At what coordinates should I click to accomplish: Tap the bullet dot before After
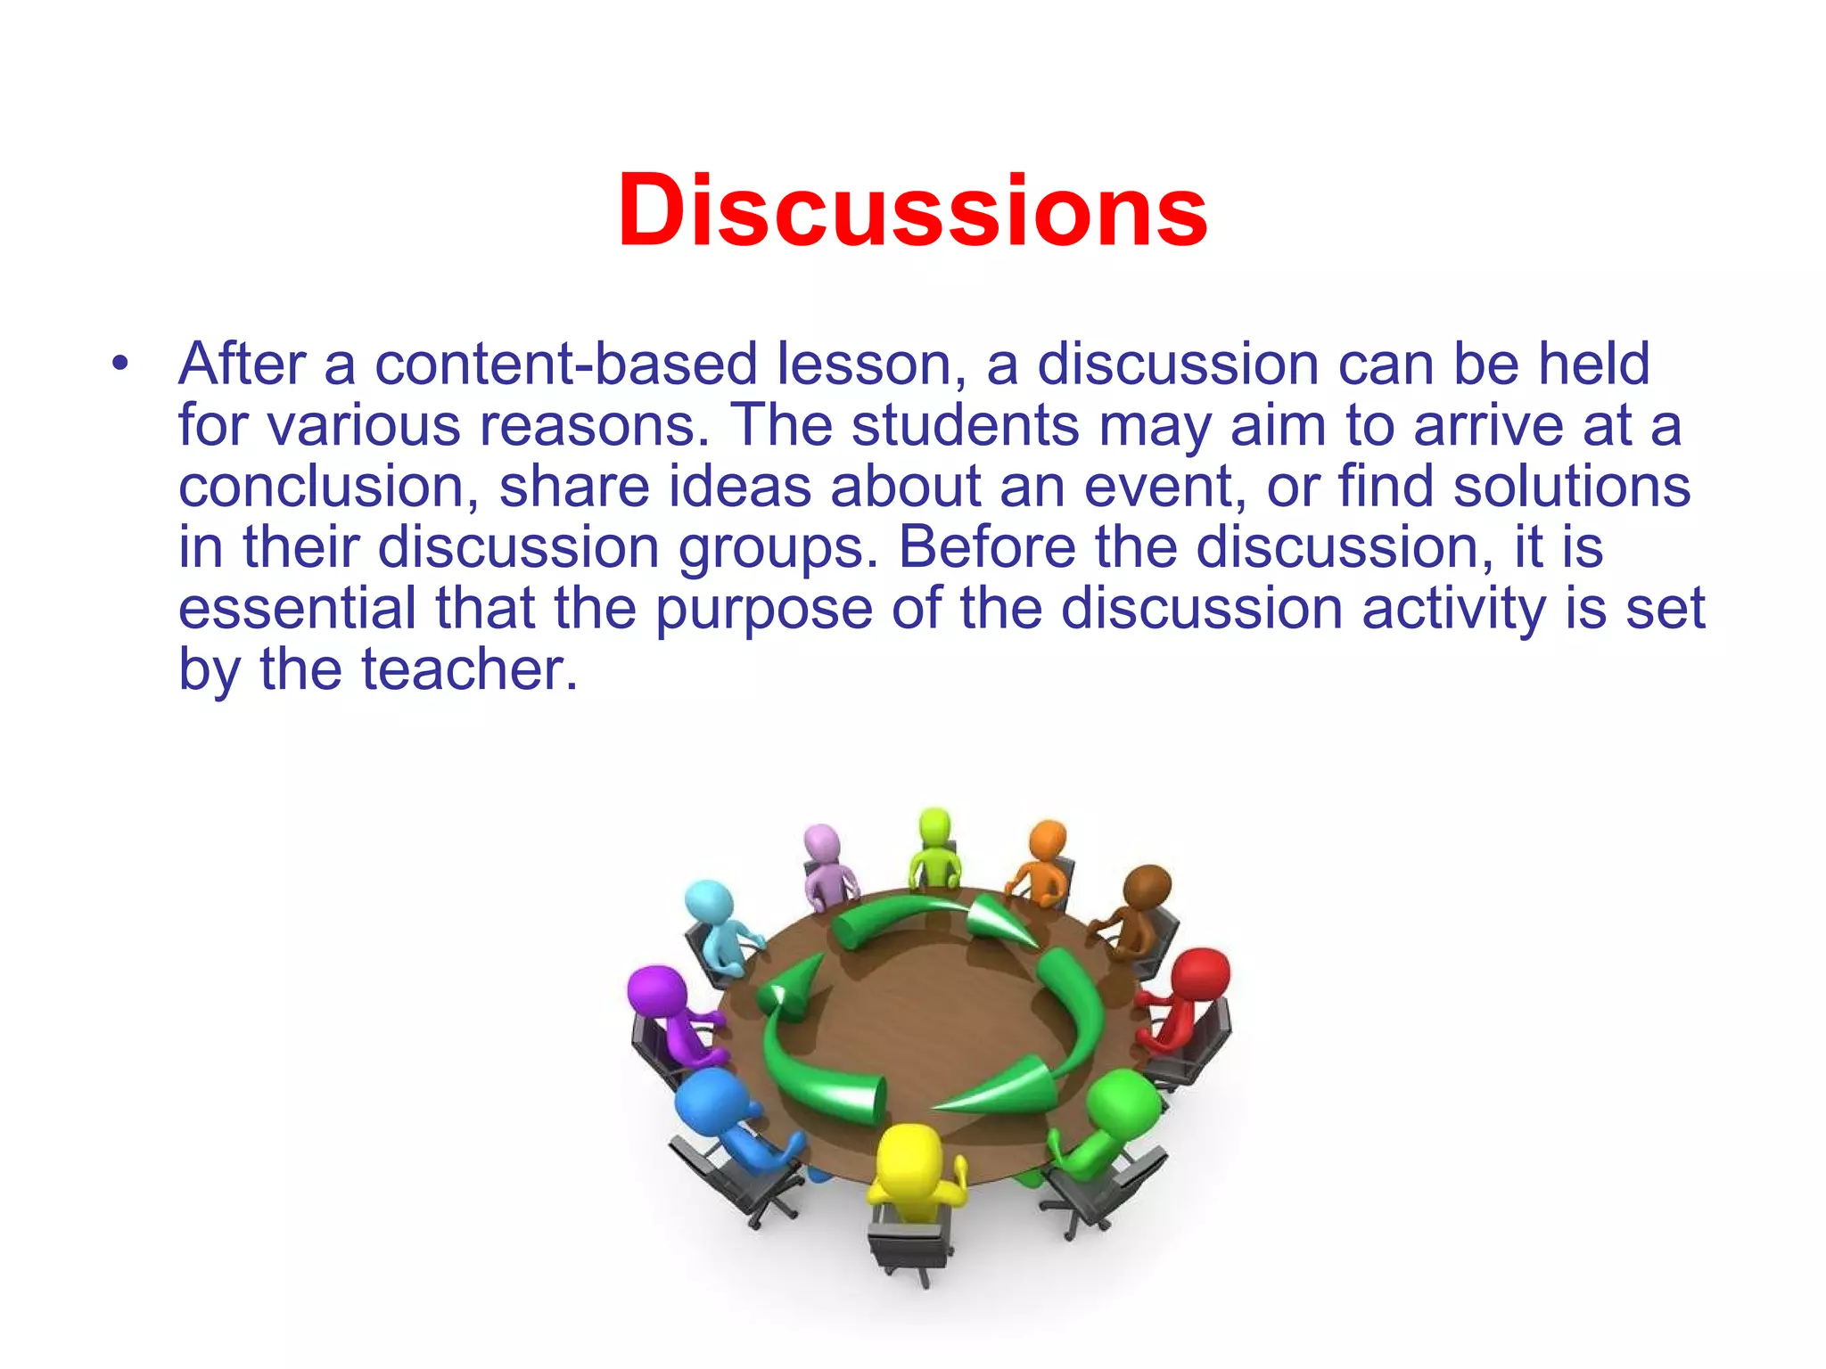[x=120, y=365]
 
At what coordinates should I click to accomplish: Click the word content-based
[x=566, y=365]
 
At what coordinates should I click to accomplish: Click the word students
[x=966, y=425]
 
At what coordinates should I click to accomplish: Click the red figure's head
[x=1200, y=976]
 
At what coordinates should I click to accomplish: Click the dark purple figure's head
[x=656, y=989]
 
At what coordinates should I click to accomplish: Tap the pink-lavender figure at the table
[x=826, y=860]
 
